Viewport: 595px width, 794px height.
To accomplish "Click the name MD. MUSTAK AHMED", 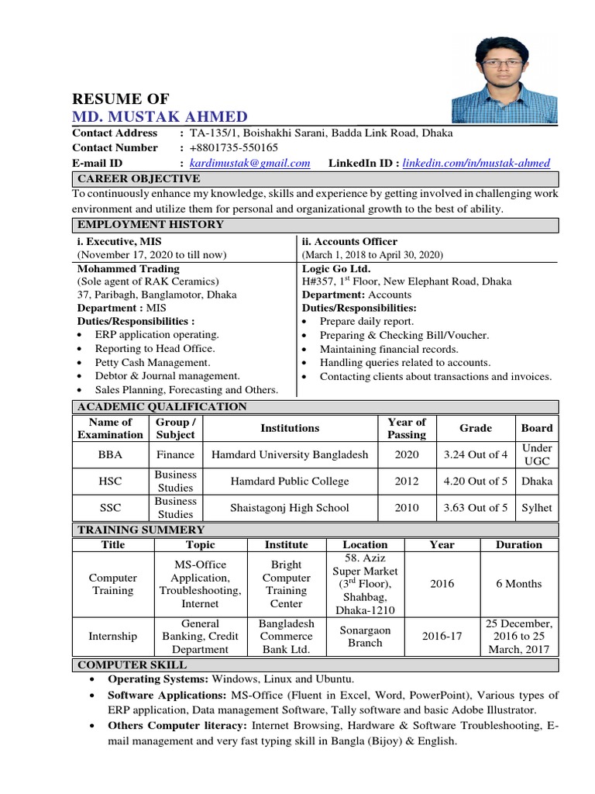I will click(x=160, y=117).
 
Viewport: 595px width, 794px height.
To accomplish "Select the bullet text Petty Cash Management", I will click(x=153, y=362).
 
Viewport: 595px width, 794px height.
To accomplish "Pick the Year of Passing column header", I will click(x=407, y=428).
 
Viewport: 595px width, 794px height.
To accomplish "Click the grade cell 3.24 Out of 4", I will click(x=476, y=454).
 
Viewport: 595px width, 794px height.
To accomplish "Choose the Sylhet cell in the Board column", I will click(x=537, y=508).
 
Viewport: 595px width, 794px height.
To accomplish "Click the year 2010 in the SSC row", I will click(x=407, y=508).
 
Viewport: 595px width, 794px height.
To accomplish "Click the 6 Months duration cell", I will click(x=518, y=584).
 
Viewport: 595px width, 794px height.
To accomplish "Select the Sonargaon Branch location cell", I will click(x=365, y=637).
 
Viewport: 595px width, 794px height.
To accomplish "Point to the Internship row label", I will click(x=113, y=637).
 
